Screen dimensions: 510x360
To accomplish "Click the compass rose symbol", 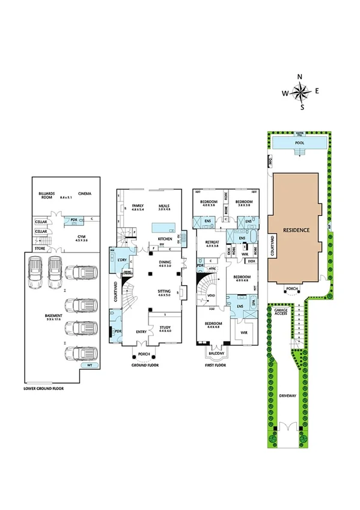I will pyautogui.click(x=302, y=92).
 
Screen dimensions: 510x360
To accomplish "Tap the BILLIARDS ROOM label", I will pyautogui.click(x=47, y=195).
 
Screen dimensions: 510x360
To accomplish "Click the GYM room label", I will pyautogui.click(x=72, y=238).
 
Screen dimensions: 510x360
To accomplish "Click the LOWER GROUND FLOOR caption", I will pyautogui.click(x=43, y=389).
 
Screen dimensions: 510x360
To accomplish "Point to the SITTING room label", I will pyautogui.click(x=164, y=292).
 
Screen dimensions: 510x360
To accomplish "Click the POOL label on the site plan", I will pyautogui.click(x=299, y=143).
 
